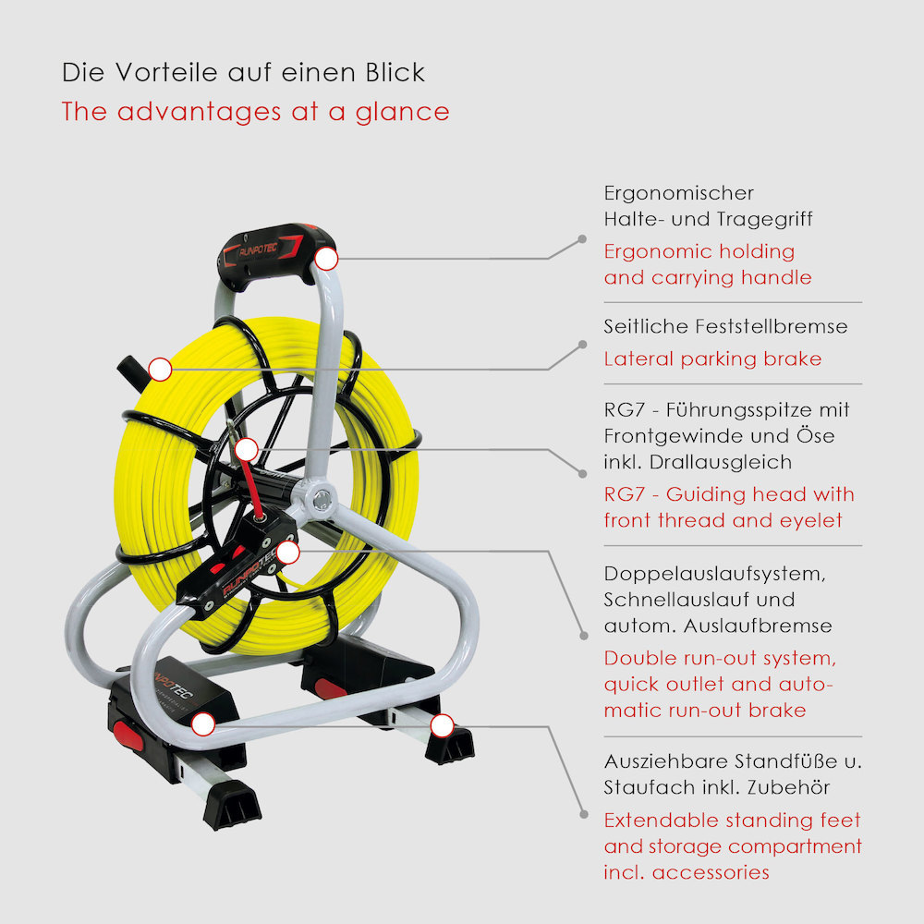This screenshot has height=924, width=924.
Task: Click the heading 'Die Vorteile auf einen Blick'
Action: coord(243,72)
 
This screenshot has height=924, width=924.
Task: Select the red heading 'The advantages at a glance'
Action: coord(255,112)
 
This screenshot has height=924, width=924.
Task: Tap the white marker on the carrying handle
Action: coord(326,259)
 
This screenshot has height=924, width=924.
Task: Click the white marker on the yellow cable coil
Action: coord(160,370)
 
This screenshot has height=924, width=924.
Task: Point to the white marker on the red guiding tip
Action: coord(247,450)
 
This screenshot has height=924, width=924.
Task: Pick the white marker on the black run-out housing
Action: coord(287,553)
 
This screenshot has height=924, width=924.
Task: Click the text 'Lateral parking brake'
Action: coord(712,359)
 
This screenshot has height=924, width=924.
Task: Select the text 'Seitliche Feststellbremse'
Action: coord(725,326)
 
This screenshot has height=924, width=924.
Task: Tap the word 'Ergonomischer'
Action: coord(679,193)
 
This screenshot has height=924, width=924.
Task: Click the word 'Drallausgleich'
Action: coord(720,462)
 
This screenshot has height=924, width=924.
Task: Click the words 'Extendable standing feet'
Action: coord(732,820)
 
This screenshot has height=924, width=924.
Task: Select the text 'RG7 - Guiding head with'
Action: coord(729,493)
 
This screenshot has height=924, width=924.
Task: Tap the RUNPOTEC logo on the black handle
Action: coord(258,249)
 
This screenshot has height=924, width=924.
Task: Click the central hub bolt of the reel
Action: coord(322,500)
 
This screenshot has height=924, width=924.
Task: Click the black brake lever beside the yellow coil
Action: coord(130,373)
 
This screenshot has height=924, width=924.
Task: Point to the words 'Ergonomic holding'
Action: coord(699,251)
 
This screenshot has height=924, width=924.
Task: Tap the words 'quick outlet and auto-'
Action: coord(718,684)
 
